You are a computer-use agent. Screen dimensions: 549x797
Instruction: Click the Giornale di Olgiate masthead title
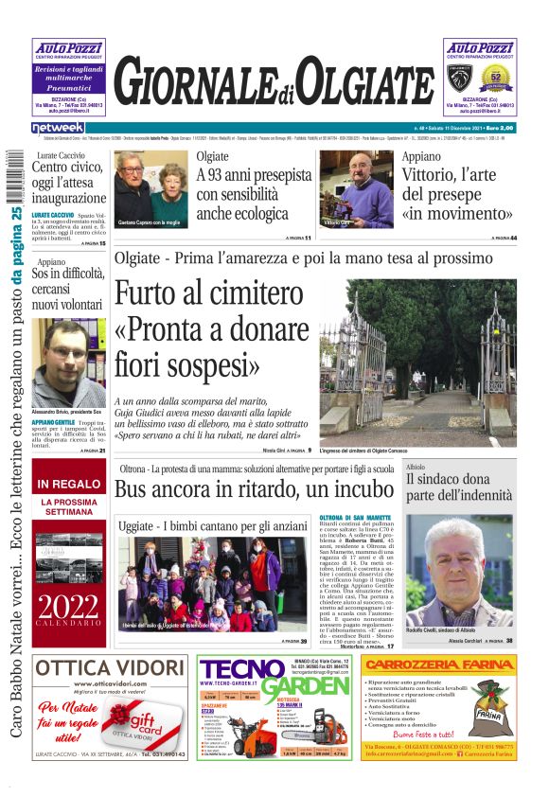pyautogui.click(x=275, y=80)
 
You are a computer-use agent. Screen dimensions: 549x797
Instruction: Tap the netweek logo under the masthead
pyautogui.click(x=58, y=127)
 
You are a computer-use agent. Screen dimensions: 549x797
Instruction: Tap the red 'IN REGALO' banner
pyautogui.click(x=68, y=485)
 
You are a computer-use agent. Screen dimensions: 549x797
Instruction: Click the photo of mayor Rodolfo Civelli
pyautogui.click(x=459, y=571)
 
